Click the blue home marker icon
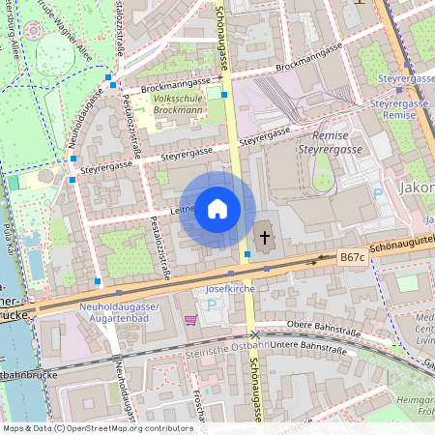217,209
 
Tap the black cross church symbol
265,236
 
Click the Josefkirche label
229,289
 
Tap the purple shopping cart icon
190,319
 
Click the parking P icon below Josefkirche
212,305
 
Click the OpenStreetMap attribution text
97,428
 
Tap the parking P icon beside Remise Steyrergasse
378,193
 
